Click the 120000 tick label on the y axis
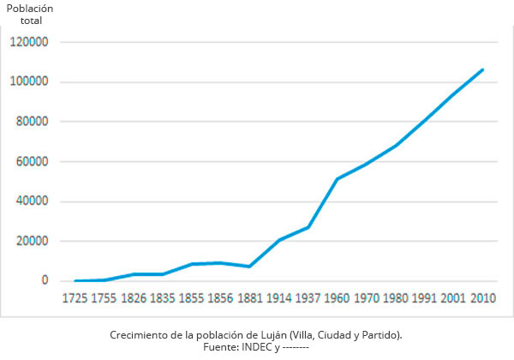[x=30, y=42]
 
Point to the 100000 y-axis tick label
[x=30, y=82]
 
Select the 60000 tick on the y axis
[x=33, y=162]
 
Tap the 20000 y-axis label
[x=33, y=242]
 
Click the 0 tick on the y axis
[x=45, y=281]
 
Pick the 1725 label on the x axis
[x=77, y=298]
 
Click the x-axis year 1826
[x=134, y=298]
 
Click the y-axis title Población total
[x=30, y=14]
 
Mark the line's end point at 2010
[x=482, y=69]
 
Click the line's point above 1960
[x=338, y=179]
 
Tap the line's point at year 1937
[x=308, y=227]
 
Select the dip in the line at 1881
[x=250, y=267]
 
